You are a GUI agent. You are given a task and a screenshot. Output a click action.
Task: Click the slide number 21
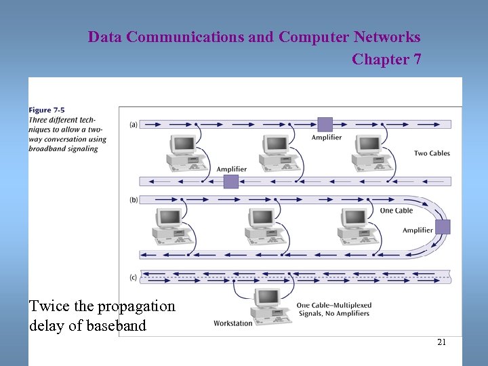[x=441, y=342]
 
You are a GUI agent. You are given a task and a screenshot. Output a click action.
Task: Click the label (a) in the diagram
[x=134, y=125]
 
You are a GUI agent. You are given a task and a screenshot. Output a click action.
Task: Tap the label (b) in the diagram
[x=134, y=200]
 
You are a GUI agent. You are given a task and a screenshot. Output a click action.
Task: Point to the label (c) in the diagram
[x=134, y=277]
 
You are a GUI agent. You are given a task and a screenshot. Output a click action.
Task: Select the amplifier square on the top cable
[x=325, y=124]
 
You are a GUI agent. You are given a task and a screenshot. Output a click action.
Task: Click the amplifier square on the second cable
[x=231, y=181]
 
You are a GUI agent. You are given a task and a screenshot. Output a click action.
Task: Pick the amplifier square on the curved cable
[x=443, y=226]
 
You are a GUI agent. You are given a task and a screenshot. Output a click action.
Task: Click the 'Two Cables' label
[x=432, y=153]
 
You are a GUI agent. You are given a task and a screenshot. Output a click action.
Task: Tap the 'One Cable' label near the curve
[x=396, y=211]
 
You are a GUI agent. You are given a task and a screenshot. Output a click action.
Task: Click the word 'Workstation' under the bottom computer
[x=232, y=323]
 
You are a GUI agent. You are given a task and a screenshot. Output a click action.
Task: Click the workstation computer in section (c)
[x=266, y=304]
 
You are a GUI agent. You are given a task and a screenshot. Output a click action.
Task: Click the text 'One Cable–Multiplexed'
[x=333, y=306]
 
